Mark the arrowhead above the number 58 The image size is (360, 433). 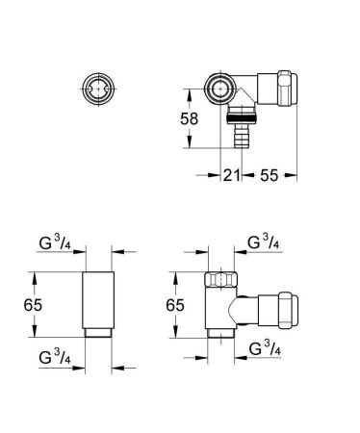click(x=189, y=93)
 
